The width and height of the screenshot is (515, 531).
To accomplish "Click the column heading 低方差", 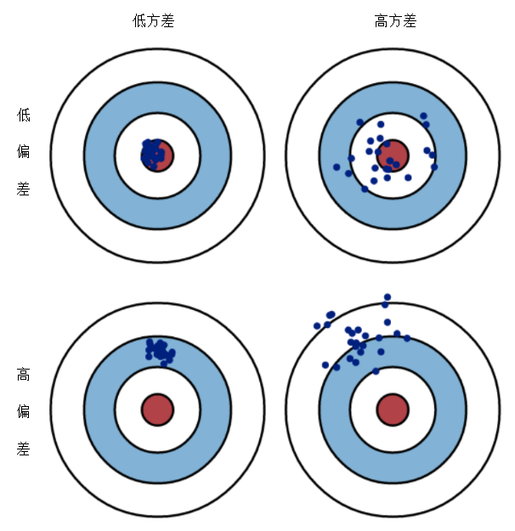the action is [x=154, y=21].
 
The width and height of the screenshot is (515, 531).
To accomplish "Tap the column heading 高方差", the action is [x=395, y=21].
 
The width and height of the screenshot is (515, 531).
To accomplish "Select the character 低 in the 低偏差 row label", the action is [x=24, y=115].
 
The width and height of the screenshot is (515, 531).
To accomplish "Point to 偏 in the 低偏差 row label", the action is [x=24, y=151].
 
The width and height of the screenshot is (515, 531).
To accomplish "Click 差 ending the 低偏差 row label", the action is [x=24, y=189].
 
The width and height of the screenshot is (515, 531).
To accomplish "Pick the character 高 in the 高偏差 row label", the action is [x=24, y=375].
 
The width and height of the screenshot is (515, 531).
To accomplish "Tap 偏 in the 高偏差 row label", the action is [x=24, y=411].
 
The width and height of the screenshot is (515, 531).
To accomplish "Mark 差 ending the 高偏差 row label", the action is [x=24, y=449].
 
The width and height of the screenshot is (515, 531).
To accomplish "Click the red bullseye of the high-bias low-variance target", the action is [x=157, y=410].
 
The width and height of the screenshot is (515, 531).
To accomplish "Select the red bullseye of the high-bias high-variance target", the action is [x=393, y=410].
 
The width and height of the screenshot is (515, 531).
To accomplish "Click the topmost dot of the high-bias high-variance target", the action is [x=388, y=297].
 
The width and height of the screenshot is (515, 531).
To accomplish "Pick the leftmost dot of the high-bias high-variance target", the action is [x=317, y=326].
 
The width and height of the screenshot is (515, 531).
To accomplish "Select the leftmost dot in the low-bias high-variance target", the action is [x=337, y=167].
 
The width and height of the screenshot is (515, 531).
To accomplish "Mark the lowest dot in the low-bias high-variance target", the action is [x=365, y=189].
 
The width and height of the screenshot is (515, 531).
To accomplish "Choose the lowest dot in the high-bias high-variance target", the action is [x=376, y=371].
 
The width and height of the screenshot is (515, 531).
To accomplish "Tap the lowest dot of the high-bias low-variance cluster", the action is [x=164, y=364].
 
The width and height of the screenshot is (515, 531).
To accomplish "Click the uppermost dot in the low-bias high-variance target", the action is [x=423, y=116].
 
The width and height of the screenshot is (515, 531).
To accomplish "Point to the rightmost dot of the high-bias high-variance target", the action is [x=407, y=338].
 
